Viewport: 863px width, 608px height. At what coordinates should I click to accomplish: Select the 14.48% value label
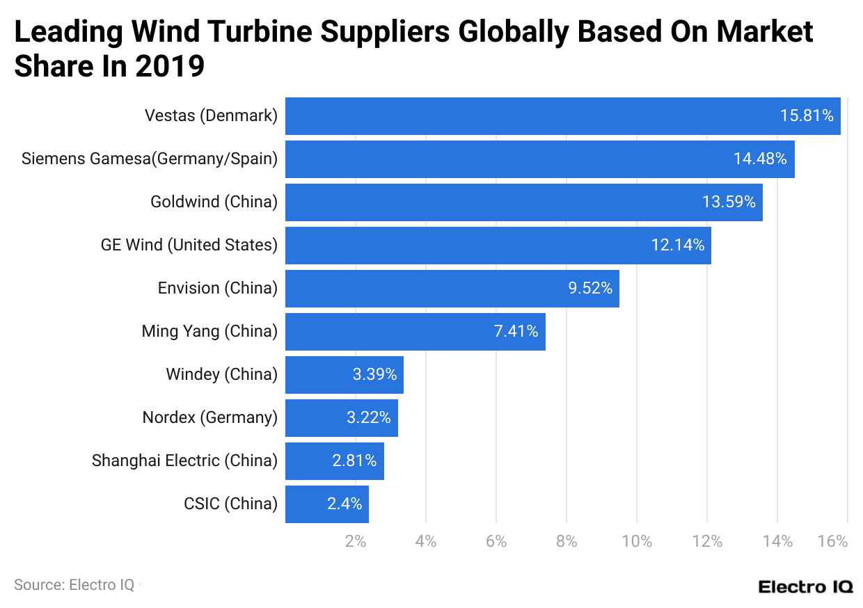(x=760, y=159)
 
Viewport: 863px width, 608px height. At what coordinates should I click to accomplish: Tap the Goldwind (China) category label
(x=214, y=202)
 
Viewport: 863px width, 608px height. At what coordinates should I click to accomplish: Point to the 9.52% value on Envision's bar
(x=590, y=288)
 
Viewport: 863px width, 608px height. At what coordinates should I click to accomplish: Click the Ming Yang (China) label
(x=209, y=331)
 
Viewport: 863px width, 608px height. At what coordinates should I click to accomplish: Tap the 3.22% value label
(x=369, y=417)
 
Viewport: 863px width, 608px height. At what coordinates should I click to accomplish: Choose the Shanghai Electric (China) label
(x=184, y=461)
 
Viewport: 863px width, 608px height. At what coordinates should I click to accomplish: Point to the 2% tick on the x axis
(x=356, y=541)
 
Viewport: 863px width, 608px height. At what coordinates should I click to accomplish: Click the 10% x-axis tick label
(x=637, y=541)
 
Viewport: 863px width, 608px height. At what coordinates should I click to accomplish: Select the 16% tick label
(x=833, y=541)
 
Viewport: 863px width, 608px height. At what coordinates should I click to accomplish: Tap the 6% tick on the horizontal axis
(x=496, y=541)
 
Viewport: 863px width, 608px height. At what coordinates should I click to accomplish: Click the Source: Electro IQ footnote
(x=74, y=585)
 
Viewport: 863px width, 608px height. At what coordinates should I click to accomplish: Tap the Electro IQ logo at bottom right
(x=805, y=586)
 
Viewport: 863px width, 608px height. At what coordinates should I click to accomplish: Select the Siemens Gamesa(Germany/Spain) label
(x=150, y=159)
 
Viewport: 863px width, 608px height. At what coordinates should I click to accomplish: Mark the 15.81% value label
(x=807, y=115)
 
